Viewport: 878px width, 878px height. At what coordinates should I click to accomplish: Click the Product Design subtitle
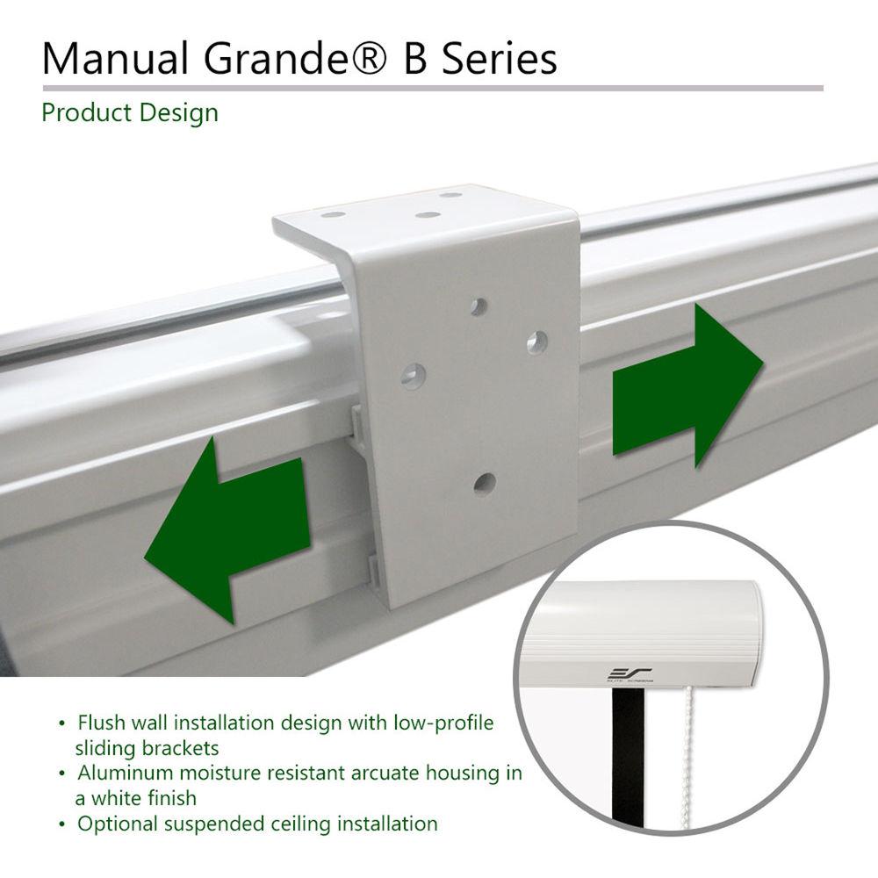[x=130, y=113]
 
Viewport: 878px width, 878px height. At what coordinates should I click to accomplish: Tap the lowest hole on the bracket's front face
[x=482, y=482]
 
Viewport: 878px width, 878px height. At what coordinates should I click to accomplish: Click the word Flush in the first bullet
[x=104, y=723]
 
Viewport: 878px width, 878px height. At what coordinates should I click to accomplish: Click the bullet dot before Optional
[x=61, y=824]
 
